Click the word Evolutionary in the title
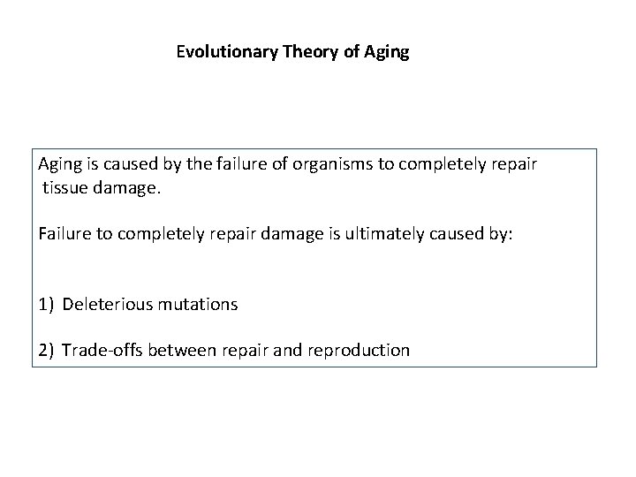228,52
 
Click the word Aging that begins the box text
60,165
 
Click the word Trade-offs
102,350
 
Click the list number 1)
47,304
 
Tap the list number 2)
47,350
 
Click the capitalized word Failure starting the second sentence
64,234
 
